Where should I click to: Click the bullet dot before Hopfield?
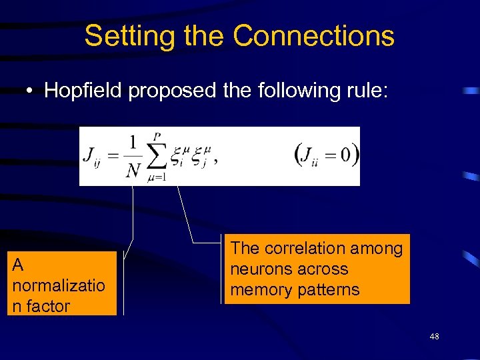31,91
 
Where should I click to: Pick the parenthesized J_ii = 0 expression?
326,155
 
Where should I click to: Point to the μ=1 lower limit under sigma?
157,178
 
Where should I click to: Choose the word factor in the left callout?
47,306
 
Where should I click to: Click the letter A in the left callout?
18,265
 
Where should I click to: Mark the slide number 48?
434,337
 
